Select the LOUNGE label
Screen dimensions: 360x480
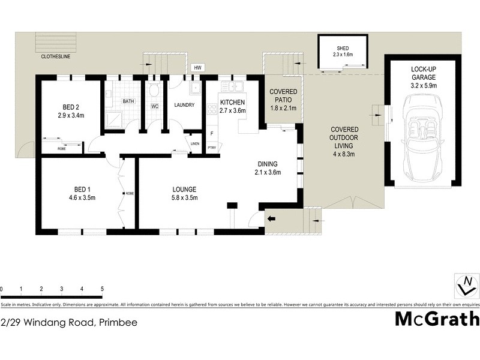click(x=184, y=189)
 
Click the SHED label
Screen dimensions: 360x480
click(x=343, y=47)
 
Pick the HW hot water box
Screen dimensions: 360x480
click(x=197, y=68)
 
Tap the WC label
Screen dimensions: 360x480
click(x=155, y=106)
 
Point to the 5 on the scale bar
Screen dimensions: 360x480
click(x=103, y=289)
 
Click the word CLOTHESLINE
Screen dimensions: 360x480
click(x=56, y=58)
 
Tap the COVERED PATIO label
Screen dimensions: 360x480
click(x=284, y=95)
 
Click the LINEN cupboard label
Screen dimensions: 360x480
click(x=194, y=144)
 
